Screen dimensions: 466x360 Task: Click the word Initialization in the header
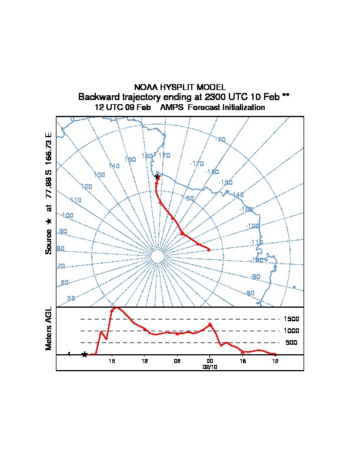(x=239, y=108)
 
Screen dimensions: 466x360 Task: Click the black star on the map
(x=157, y=177)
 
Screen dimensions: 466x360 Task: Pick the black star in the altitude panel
(x=85, y=354)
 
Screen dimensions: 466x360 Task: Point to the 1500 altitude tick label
(x=292, y=319)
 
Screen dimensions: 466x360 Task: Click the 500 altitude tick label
(x=291, y=342)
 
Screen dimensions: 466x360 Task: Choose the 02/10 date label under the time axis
(x=210, y=366)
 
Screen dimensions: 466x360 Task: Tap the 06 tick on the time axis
(x=177, y=361)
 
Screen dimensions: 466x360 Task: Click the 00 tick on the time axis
(x=210, y=361)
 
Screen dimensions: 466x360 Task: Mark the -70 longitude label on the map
(x=221, y=140)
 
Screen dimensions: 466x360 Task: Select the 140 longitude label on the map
(x=114, y=167)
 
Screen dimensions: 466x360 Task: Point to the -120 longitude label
(x=252, y=226)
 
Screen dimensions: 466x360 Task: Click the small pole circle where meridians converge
(x=157, y=257)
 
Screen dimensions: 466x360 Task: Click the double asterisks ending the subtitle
(x=286, y=96)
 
